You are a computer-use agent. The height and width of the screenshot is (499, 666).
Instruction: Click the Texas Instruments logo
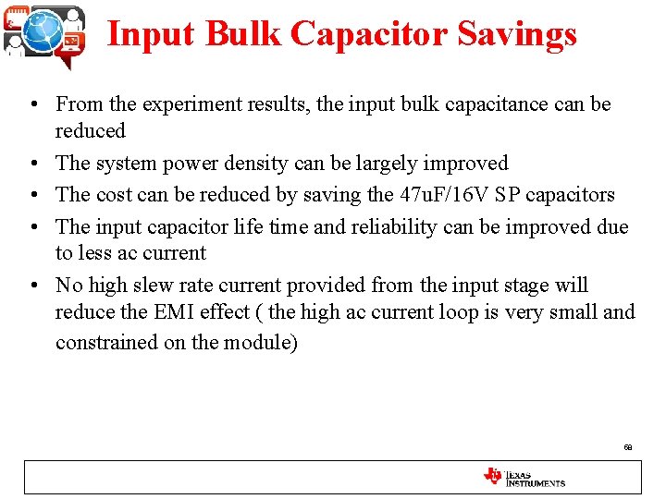524,477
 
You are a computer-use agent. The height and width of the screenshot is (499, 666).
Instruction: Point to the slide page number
628,447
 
